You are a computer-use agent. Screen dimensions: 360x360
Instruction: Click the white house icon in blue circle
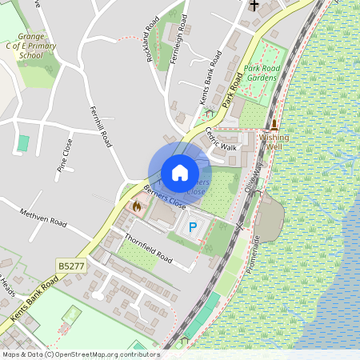[x=180, y=173]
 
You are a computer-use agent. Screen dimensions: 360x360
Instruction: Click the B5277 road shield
[x=70, y=264]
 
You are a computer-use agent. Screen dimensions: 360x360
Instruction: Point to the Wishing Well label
[x=274, y=142]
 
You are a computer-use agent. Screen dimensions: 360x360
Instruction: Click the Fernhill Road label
[x=99, y=127]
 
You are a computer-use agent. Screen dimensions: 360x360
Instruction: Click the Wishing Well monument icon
[x=274, y=125]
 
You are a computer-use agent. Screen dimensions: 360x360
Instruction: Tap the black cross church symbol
[x=254, y=6]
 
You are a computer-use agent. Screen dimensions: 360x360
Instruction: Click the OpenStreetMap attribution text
[x=82, y=354]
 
